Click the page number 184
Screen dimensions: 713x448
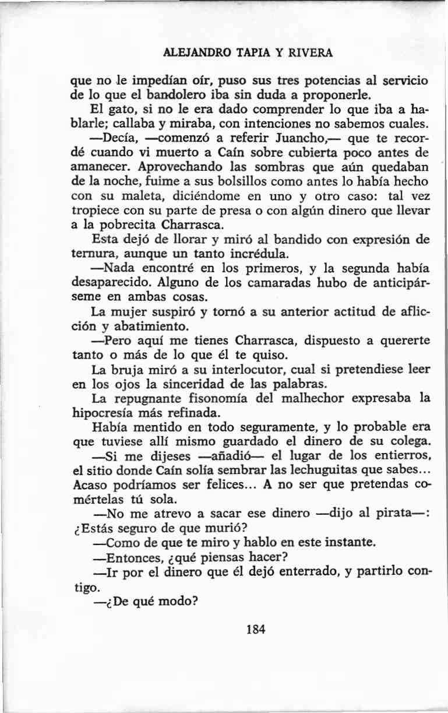256,629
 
